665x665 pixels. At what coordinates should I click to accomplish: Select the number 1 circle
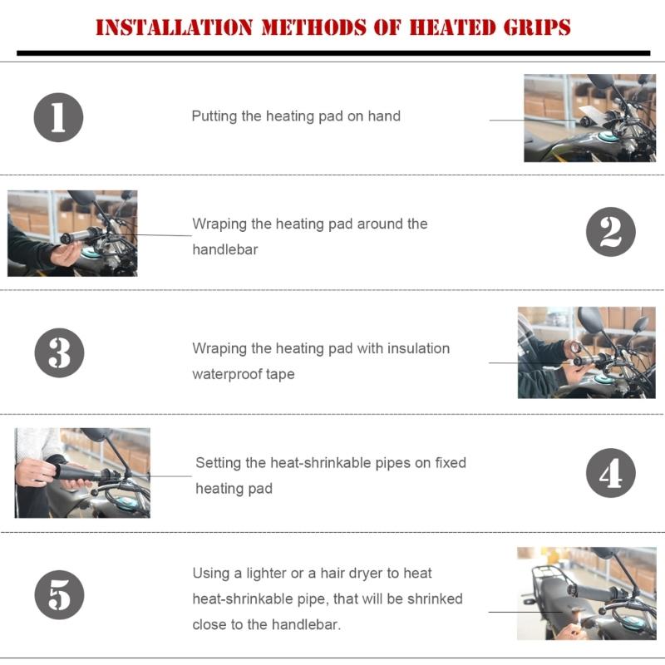pyautogui.click(x=58, y=116)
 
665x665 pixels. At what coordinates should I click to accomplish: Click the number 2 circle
pyautogui.click(x=610, y=232)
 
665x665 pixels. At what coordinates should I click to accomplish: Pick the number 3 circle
pyautogui.click(x=58, y=352)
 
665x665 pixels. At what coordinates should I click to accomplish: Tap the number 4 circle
pyautogui.click(x=610, y=473)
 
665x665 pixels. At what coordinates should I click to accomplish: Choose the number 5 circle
pyautogui.click(x=58, y=595)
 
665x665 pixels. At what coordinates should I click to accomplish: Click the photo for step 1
pyautogui.click(x=589, y=117)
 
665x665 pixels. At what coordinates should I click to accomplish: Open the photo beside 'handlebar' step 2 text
pyautogui.click(x=72, y=233)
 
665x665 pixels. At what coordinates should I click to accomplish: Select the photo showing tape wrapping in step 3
pyautogui.click(x=586, y=352)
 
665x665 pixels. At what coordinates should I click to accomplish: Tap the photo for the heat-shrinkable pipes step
pyautogui.click(x=82, y=473)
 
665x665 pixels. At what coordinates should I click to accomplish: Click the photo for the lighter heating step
pyautogui.click(x=586, y=593)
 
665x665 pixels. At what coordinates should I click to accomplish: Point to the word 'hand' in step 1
pyautogui.click(x=385, y=116)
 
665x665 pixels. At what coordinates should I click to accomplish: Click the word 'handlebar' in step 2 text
pyautogui.click(x=224, y=249)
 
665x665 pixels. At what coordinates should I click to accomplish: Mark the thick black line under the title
pyautogui.click(x=332, y=52)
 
